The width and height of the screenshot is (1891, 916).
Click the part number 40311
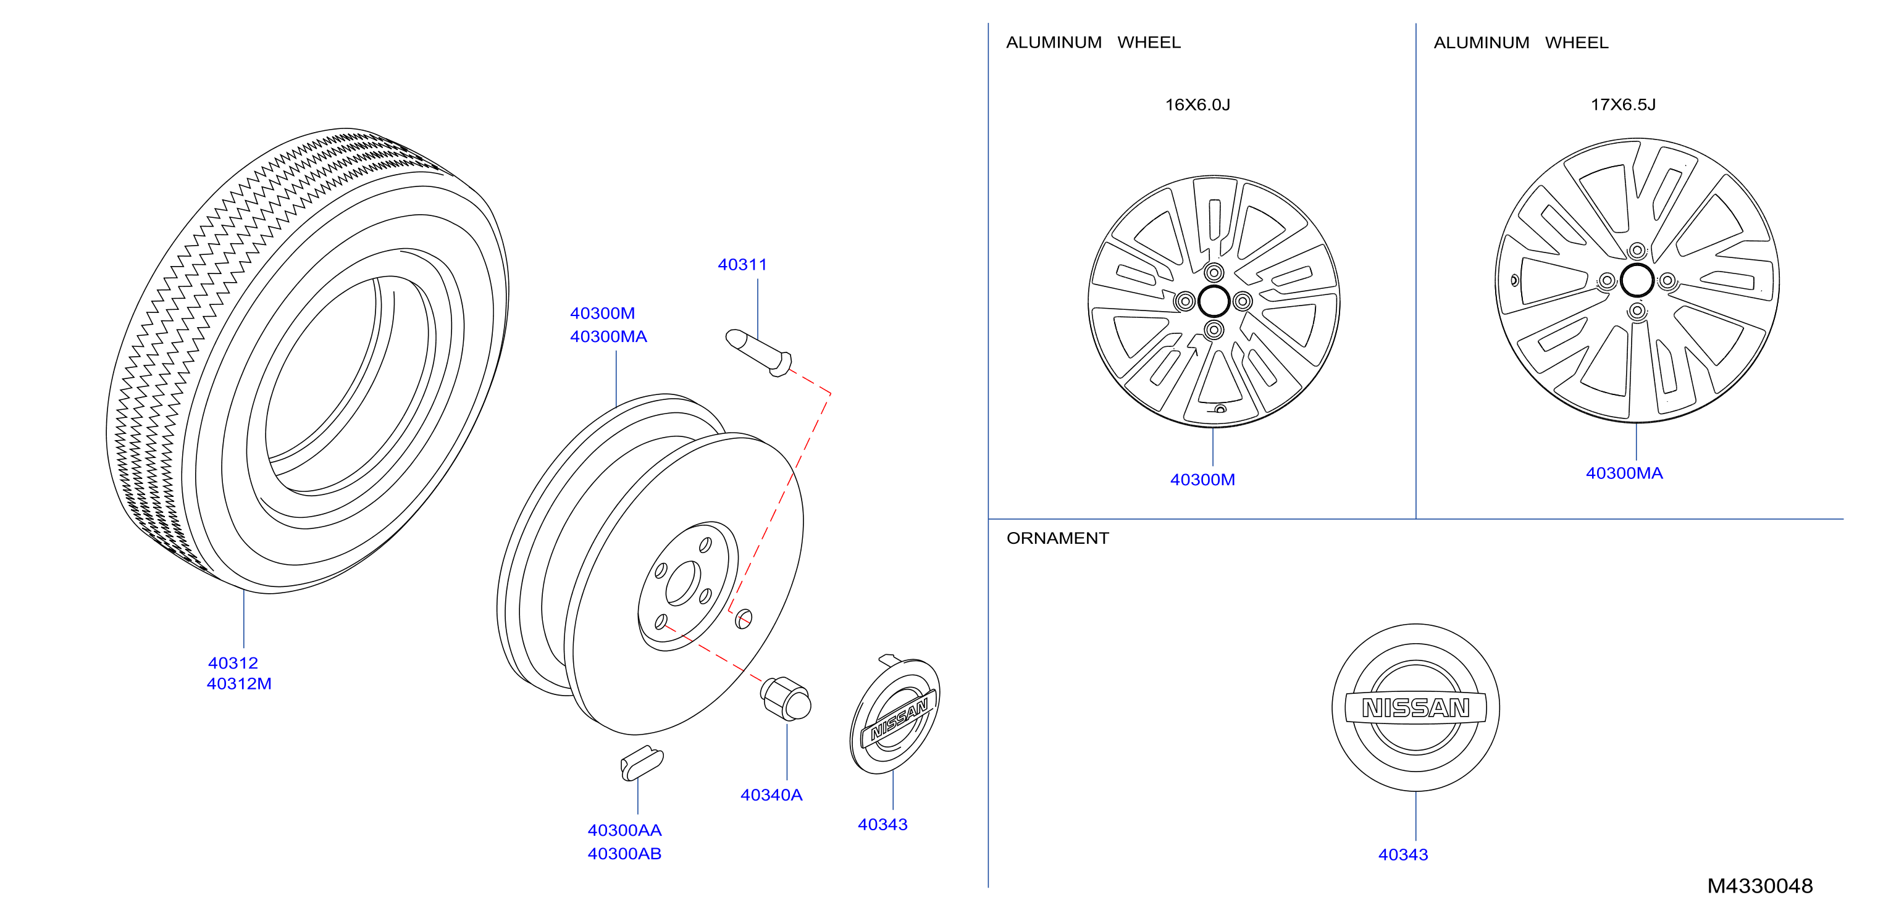pos(742,264)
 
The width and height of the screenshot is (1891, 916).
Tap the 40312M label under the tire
pos(240,683)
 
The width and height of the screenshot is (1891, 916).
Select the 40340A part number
pos(771,795)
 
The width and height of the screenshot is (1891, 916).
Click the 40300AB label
pos(625,854)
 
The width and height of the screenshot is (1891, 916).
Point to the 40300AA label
pos(625,830)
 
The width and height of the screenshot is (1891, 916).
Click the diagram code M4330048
pos(1760,886)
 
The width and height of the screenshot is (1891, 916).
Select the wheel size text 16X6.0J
pos(1198,104)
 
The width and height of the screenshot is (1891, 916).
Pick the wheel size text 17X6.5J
pos(1623,104)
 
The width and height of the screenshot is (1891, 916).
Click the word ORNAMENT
pos(1058,538)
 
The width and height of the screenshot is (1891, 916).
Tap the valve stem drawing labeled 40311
pos(759,352)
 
